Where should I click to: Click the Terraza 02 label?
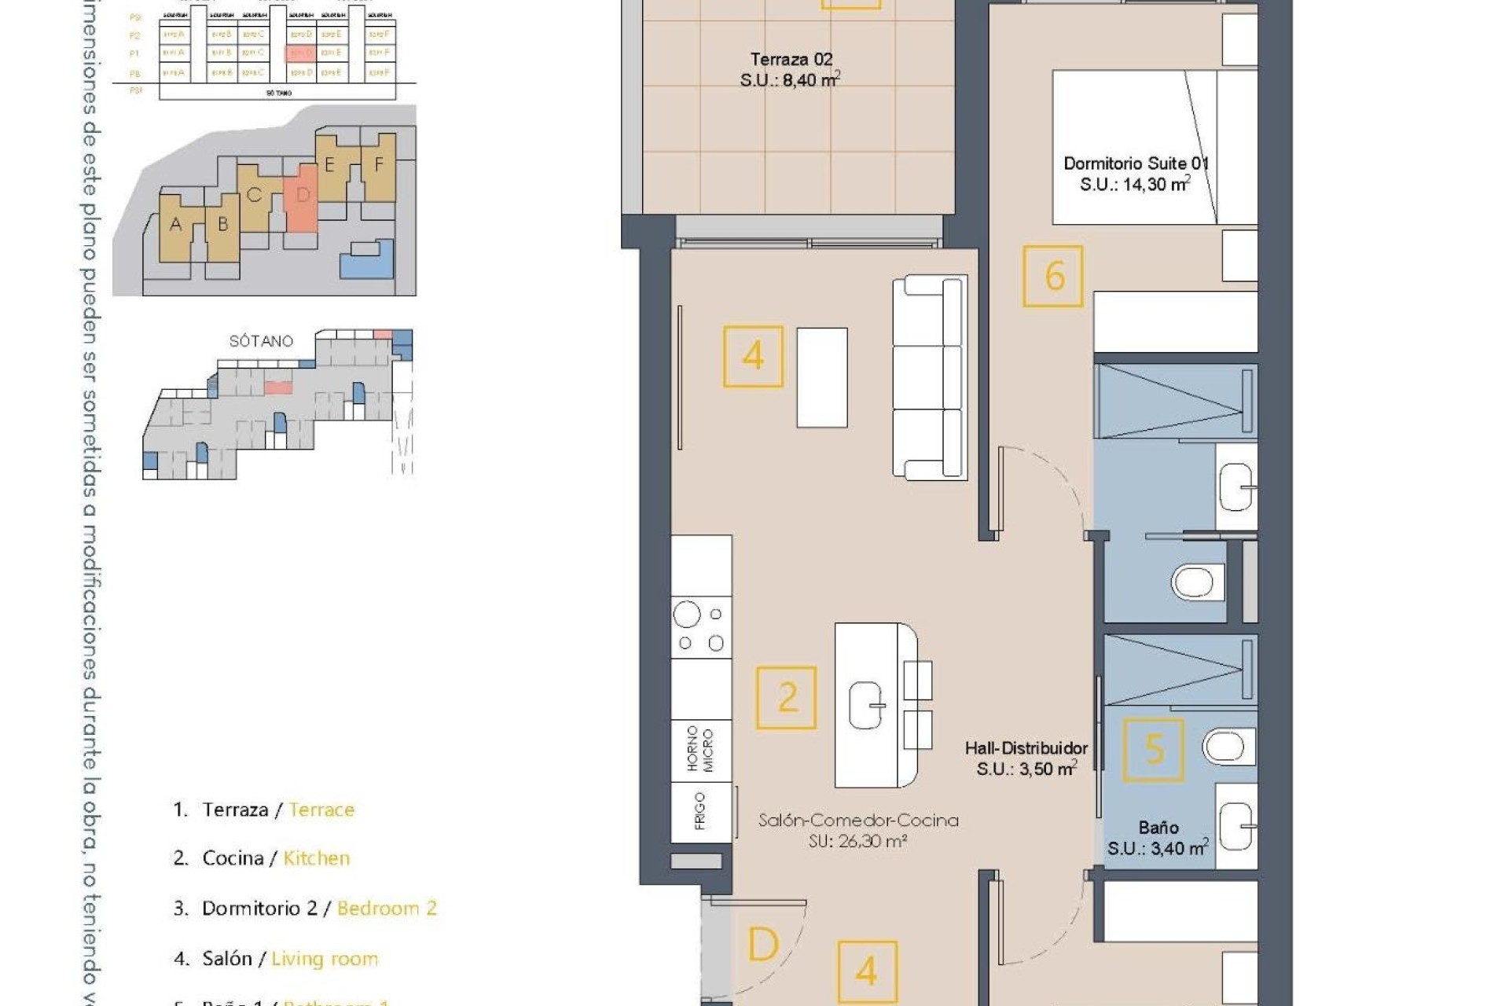[791, 60]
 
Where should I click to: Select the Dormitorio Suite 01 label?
[1135, 164]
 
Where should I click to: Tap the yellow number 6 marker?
[1053, 277]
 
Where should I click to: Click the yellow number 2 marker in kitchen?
[786, 698]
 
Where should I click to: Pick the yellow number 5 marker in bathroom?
[1153, 750]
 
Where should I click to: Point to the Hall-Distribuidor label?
[1026, 749]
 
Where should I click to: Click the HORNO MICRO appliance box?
[700, 750]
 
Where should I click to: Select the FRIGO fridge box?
[700, 812]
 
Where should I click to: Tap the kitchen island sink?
[868, 705]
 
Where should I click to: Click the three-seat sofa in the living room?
[930, 377]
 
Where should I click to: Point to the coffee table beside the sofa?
[821, 377]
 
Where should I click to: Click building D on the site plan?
[303, 196]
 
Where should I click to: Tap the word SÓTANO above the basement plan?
[261, 341]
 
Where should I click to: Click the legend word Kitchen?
[316, 858]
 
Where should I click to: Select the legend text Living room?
[325, 959]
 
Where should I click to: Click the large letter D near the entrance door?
[762, 945]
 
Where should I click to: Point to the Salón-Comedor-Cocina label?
[858, 821]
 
